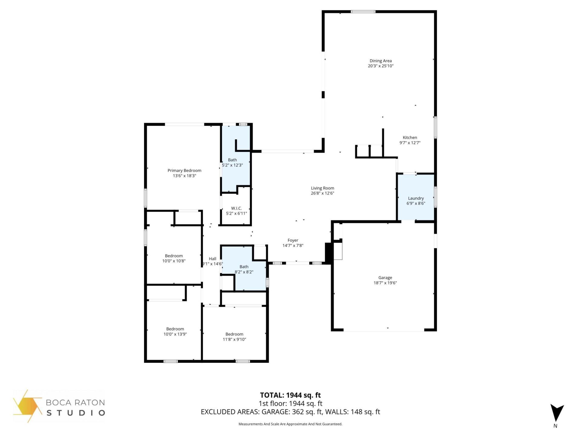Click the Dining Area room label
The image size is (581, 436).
[380, 61]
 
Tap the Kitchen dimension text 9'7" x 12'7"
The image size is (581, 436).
[410, 143]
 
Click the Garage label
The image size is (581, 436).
[385, 278]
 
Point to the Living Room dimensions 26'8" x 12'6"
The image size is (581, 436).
[322, 193]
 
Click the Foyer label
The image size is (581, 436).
[293, 240]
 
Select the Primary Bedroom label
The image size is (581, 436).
[184, 170]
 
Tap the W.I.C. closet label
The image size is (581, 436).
[236, 208]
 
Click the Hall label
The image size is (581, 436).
[212, 259]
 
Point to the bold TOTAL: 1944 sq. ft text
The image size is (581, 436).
[290, 395]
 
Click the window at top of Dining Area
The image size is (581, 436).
[363, 12]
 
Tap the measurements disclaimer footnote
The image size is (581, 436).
[290, 424]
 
